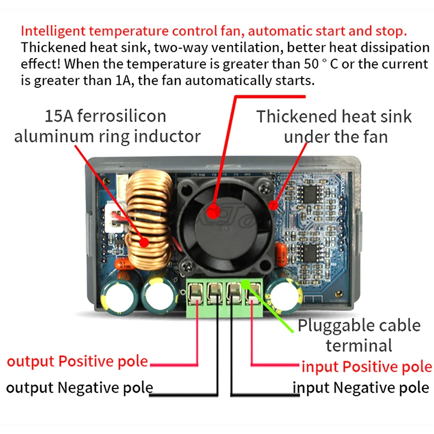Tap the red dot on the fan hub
click(x=213, y=212)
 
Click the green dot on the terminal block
click(x=245, y=284)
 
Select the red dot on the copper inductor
click(x=144, y=242)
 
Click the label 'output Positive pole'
click(x=78, y=361)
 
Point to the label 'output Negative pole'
click(x=79, y=387)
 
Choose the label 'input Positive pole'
click(x=367, y=367)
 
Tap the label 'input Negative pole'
click(x=361, y=387)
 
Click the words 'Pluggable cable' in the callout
click(x=359, y=326)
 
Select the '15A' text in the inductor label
click(x=59, y=116)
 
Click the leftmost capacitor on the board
click(x=119, y=296)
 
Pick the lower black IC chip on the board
click(x=310, y=253)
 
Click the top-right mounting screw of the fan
click(x=264, y=188)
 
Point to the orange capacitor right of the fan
click(x=282, y=254)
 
